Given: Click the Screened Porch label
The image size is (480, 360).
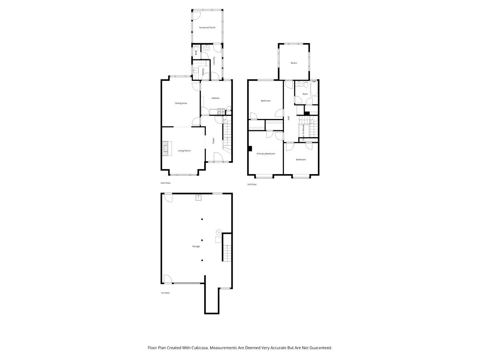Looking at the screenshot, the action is click(207, 28).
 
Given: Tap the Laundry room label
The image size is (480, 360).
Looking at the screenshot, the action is click(214, 61).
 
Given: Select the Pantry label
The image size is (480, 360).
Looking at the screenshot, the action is click(203, 72).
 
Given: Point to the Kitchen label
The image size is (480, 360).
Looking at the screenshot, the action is click(215, 98).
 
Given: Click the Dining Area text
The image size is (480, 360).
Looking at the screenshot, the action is click(181, 103).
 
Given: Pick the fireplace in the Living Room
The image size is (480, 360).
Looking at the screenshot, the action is click(167, 148).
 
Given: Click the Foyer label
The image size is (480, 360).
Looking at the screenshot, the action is click(213, 140).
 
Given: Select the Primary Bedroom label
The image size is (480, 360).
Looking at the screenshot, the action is click(266, 154).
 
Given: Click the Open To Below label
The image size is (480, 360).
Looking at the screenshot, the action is click(303, 132).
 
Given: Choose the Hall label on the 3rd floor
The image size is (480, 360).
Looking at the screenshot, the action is click(289, 118).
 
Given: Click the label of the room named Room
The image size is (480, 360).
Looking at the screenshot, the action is click(294, 63).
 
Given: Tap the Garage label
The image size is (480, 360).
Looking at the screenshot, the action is click(196, 246).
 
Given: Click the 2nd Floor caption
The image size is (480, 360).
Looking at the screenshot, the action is click(165, 183).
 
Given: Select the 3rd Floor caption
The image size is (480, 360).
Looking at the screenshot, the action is click(252, 185).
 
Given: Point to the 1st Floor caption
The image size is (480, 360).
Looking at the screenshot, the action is click(165, 293).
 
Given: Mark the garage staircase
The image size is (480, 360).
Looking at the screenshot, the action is click(227, 253).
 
